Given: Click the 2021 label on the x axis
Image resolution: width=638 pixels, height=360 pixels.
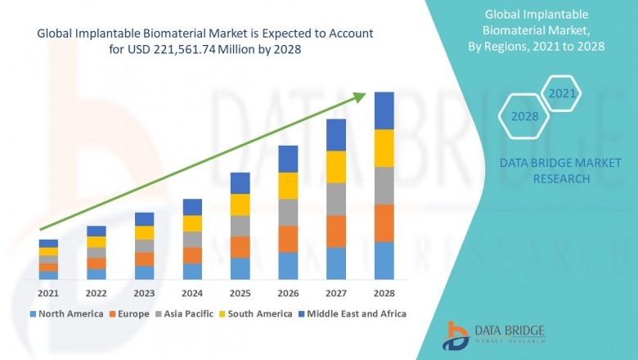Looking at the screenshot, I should pos(48,293).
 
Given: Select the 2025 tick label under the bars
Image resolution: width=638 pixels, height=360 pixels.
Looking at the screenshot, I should pos(240,293).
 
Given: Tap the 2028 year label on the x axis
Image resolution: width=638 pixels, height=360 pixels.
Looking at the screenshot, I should pos(384,293).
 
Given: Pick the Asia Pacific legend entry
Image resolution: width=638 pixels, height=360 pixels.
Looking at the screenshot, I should pos(191,313).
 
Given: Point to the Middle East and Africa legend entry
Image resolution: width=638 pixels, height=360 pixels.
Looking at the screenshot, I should pos(357,313).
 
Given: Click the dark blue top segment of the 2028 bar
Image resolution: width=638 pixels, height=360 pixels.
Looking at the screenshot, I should pos(384,110).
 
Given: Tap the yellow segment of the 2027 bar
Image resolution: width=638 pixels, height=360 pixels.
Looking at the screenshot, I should pos(335,167).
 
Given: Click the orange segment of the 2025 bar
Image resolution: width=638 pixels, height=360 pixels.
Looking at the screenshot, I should pos(240,247).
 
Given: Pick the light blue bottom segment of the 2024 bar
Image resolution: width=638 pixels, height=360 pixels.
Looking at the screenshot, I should pos(192,272).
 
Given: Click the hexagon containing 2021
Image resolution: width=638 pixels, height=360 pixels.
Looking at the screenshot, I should pos(562,94).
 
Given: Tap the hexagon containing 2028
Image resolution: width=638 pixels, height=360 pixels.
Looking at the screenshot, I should pos(524,117).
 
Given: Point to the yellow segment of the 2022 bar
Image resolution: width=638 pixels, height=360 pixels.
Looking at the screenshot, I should pos(97,242).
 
